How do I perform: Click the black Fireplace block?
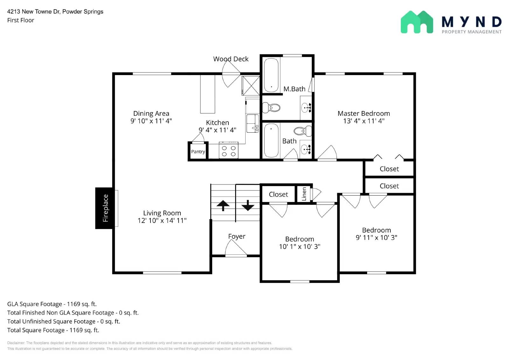(x=104, y=208)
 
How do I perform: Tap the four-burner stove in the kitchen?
(x=228, y=151)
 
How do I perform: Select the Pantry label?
(x=198, y=152)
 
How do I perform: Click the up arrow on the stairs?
(x=223, y=205)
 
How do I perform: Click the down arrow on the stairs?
(x=248, y=205)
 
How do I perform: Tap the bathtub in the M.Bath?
(x=271, y=75)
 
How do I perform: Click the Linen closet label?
(x=304, y=194)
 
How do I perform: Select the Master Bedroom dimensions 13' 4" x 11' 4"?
(x=364, y=121)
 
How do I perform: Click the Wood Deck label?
(x=231, y=59)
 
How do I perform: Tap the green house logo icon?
(x=417, y=22)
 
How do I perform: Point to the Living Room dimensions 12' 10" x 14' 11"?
(x=162, y=220)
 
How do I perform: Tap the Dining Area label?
(x=151, y=114)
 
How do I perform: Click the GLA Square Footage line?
(x=52, y=304)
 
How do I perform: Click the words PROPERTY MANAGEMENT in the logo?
(x=471, y=32)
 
